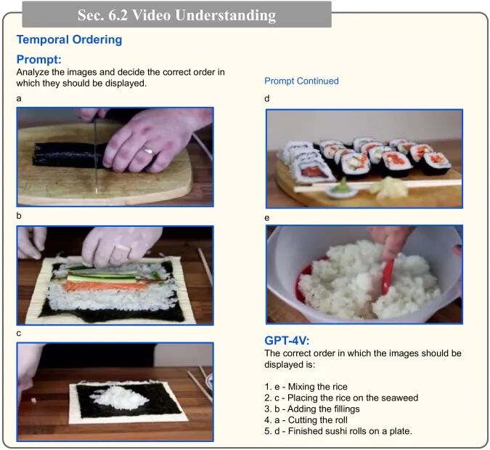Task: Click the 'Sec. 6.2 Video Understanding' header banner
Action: pyautogui.click(x=176, y=15)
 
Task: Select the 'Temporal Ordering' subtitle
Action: pyautogui.click(x=69, y=40)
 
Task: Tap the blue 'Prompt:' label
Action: pyautogui.click(x=38, y=60)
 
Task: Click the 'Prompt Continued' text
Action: pyautogui.click(x=301, y=81)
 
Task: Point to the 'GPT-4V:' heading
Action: pyautogui.click(x=287, y=340)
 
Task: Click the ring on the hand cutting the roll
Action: pyautogui.click(x=148, y=150)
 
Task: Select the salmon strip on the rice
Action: pyautogui.click(x=106, y=286)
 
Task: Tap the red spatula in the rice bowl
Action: pyautogui.click(x=389, y=275)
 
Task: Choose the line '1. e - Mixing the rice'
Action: pyautogui.click(x=306, y=387)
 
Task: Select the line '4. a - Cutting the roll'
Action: pyautogui.click(x=306, y=419)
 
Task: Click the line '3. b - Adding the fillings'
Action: pyautogui.click(x=312, y=409)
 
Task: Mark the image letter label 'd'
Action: pyautogui.click(x=267, y=99)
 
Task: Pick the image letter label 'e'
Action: pyautogui.click(x=267, y=218)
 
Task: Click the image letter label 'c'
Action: pyautogui.click(x=19, y=334)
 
